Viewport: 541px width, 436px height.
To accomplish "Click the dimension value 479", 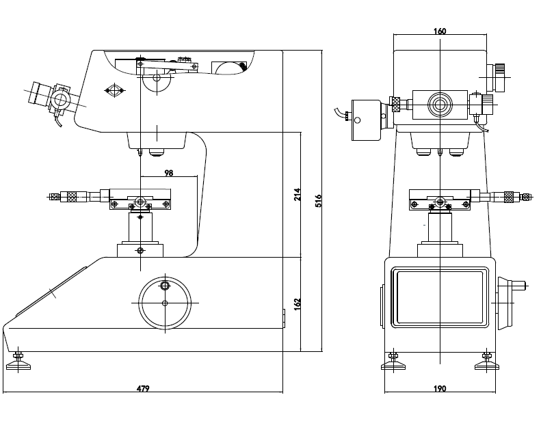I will (142, 388).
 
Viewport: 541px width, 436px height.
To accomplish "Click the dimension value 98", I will (168, 174).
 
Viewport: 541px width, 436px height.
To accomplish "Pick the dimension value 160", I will (440, 31).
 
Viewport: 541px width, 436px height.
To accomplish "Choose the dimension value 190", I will (440, 388).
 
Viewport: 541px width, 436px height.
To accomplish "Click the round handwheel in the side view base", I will (165, 303).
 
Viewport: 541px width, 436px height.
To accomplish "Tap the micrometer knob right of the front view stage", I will (510, 197).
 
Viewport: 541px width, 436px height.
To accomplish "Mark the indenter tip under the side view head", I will (140, 152).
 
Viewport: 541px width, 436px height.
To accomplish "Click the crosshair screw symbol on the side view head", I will (114, 90).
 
